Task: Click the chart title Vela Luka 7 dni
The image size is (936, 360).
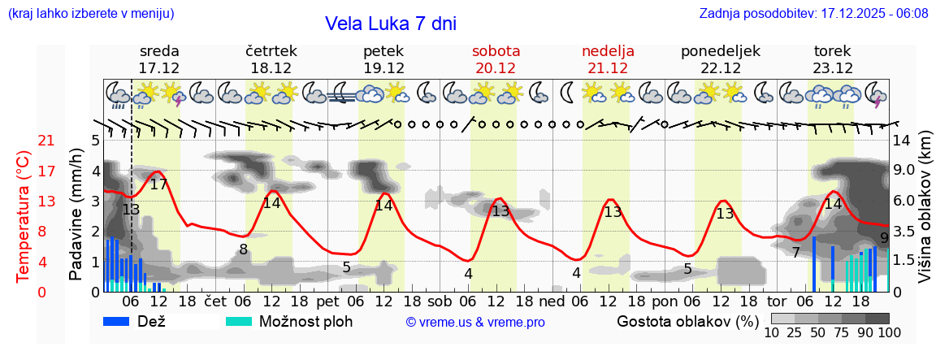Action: [x=391, y=24]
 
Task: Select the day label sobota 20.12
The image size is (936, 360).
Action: [x=496, y=59]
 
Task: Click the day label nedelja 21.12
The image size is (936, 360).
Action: [x=608, y=59]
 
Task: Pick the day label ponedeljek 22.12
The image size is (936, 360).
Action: [x=721, y=59]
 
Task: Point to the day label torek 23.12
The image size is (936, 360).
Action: [x=833, y=59]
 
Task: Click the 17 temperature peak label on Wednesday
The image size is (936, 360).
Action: [x=158, y=184]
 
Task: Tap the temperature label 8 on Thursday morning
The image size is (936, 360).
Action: [x=243, y=249]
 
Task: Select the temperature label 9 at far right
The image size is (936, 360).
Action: [x=884, y=238]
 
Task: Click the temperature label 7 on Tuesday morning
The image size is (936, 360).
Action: [x=796, y=253]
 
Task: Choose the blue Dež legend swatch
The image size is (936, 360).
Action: [x=122, y=321]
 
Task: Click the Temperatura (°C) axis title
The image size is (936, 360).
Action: [x=24, y=215]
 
